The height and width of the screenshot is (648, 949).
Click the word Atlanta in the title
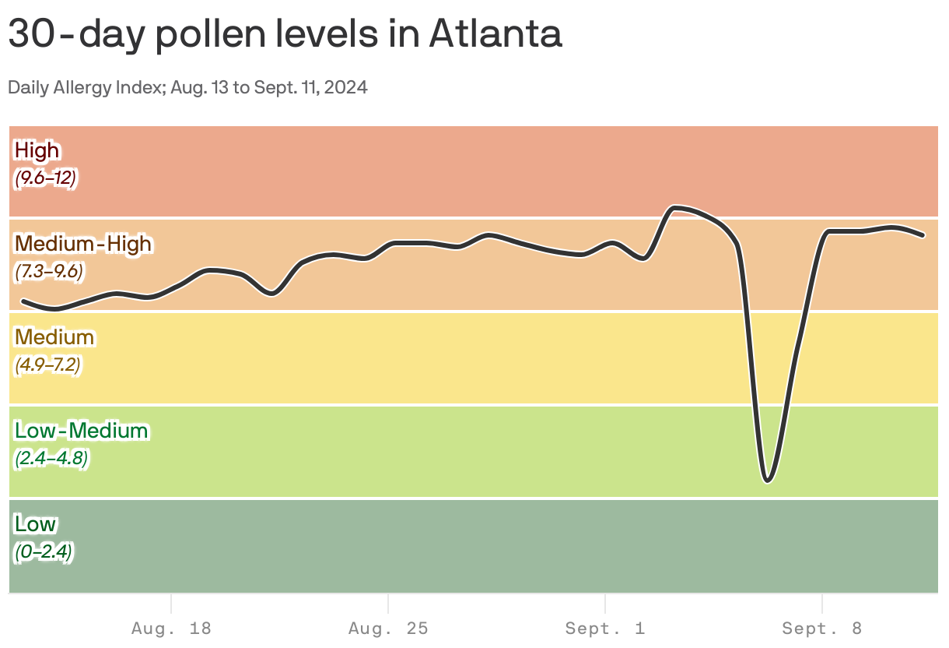[x=495, y=34]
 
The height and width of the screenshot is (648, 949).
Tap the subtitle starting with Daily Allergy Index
[x=187, y=87]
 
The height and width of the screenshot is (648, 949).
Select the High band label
[x=37, y=150]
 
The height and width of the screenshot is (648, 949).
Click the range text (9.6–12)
[x=45, y=178]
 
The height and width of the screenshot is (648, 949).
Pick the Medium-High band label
[x=83, y=243]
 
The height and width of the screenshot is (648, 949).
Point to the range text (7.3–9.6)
[x=48, y=272]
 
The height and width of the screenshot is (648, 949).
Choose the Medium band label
[x=54, y=336]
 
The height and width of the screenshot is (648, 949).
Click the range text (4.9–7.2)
[x=47, y=365]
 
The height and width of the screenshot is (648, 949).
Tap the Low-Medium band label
[x=81, y=430]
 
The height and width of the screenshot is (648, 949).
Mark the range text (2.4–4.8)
[x=51, y=459]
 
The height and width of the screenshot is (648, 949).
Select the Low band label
[x=35, y=523]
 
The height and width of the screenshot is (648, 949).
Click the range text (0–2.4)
[x=44, y=552]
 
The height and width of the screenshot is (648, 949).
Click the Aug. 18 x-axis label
[x=171, y=628]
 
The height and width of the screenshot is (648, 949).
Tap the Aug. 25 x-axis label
[x=388, y=628]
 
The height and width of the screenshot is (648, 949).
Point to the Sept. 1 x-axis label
[x=605, y=628]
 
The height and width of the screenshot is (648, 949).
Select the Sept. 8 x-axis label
[x=822, y=628]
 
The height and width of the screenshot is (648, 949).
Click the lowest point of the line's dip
[x=768, y=481]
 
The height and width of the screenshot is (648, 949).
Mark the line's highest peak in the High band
[x=675, y=207]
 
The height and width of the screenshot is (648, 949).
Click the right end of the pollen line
[x=923, y=234]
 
